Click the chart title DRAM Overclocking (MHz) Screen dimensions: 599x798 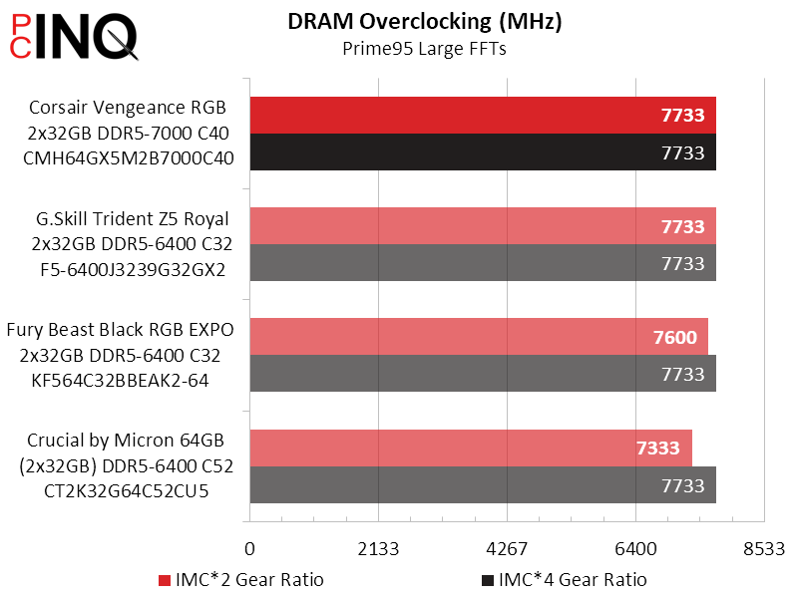pyautogui.click(x=424, y=22)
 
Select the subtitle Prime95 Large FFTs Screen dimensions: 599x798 pyautogui.click(x=424, y=50)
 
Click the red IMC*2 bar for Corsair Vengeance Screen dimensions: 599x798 pyautogui.click(x=483, y=116)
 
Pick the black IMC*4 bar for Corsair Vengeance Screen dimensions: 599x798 pyautogui.click(x=483, y=152)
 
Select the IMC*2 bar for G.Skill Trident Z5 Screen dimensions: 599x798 pyautogui.click(x=483, y=226)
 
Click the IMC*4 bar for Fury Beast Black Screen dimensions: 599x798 pyautogui.click(x=483, y=374)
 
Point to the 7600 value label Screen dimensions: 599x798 pyautogui.click(x=675, y=338)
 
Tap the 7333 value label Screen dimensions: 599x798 pyautogui.click(x=659, y=449)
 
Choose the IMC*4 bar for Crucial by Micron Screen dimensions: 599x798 pyautogui.click(x=483, y=485)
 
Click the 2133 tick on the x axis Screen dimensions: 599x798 pyautogui.click(x=378, y=549)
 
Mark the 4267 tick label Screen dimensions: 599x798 pyautogui.click(x=507, y=549)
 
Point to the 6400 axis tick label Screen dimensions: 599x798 pyautogui.click(x=635, y=549)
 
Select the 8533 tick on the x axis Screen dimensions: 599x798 pyautogui.click(x=764, y=549)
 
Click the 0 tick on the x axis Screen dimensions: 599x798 pyautogui.click(x=250, y=549)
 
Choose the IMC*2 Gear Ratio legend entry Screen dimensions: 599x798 pyautogui.click(x=240, y=580)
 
